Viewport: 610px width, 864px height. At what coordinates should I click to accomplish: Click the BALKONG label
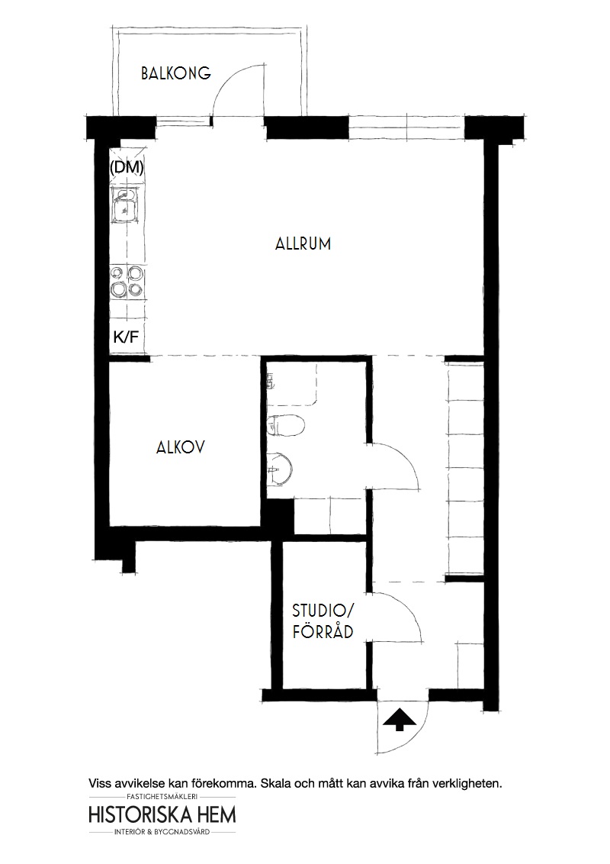(175, 73)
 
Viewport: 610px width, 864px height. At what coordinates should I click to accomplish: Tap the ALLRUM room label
(303, 243)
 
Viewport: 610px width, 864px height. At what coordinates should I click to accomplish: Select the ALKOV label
(181, 447)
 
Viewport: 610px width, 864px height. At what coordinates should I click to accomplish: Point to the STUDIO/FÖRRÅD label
(323, 621)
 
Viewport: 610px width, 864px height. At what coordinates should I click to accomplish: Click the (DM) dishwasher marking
(127, 167)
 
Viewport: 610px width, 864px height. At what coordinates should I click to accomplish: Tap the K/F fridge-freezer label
(126, 337)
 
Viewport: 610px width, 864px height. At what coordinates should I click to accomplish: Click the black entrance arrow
(399, 720)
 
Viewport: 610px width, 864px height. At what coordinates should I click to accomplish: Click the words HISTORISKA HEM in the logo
(162, 815)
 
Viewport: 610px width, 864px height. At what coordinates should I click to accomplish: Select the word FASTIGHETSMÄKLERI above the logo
(162, 796)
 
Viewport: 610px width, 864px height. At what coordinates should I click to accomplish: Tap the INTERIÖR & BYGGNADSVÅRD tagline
(162, 831)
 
